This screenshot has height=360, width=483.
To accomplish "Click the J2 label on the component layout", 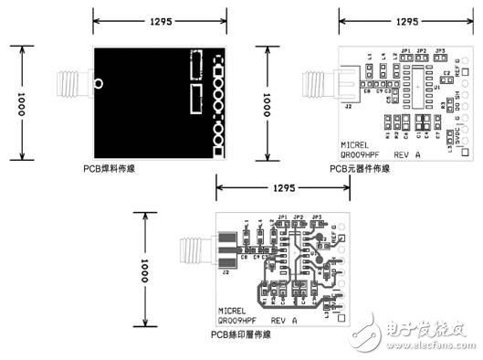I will tap(348, 106).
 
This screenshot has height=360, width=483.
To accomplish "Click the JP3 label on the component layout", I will tap(439, 50).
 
